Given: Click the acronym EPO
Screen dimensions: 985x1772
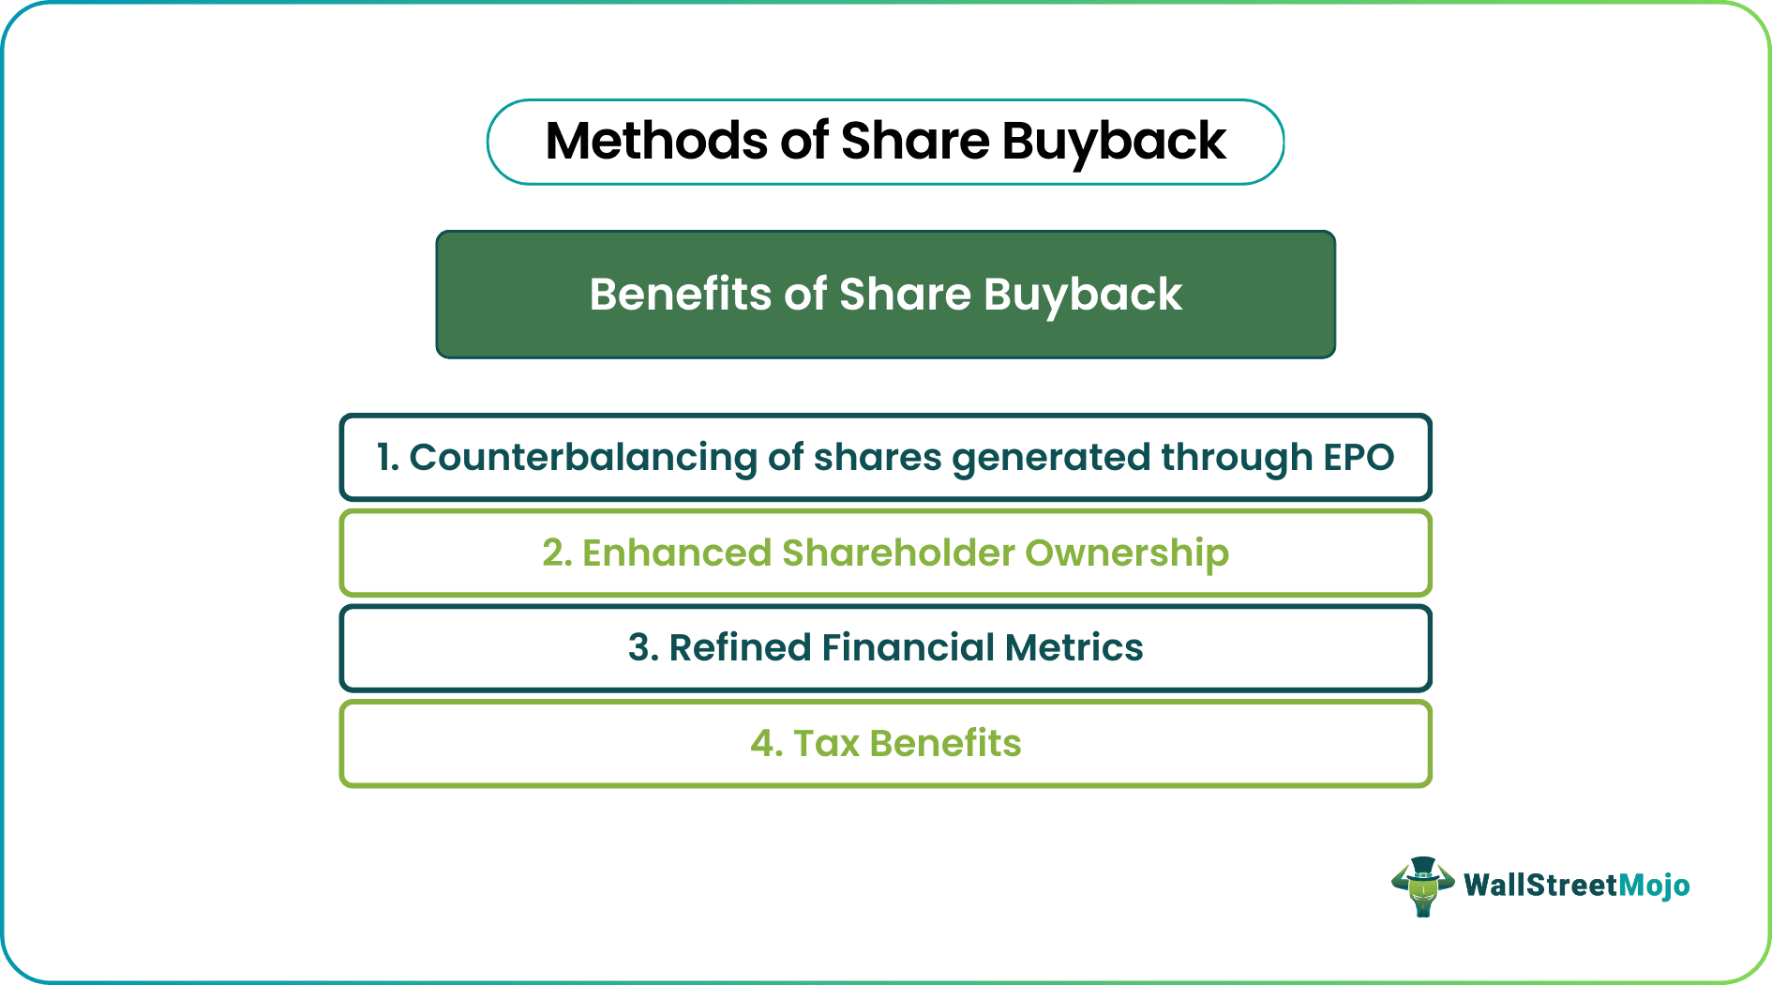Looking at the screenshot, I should tap(1359, 458).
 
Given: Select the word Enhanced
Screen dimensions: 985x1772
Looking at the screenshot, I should tap(676, 553).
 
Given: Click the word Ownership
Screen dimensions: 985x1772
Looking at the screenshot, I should tap(1126, 553).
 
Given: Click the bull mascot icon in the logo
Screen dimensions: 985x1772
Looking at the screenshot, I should tap(1422, 886).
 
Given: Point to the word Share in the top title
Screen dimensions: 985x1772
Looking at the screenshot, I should tap(915, 142).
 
